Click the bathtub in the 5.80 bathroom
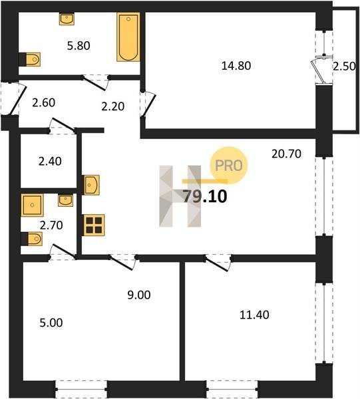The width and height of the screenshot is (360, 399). [x=128, y=37]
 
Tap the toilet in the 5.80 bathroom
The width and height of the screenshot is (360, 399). [x=30, y=59]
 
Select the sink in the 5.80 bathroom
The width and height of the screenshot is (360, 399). [x=67, y=19]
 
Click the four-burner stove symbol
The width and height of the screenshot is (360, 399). [x=94, y=225]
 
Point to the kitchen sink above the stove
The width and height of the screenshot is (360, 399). [x=91, y=185]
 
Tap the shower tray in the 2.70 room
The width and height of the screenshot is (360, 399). [x=32, y=205]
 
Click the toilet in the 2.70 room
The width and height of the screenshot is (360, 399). [x=31, y=239]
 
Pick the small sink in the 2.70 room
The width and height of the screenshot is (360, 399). [x=65, y=200]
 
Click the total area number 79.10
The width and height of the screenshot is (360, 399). [x=205, y=197]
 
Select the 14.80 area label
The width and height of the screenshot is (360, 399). [x=236, y=66]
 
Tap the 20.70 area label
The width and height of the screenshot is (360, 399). [x=286, y=154]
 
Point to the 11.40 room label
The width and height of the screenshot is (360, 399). [x=254, y=315]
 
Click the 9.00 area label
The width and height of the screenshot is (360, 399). [x=139, y=295]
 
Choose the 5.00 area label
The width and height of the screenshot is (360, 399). [x=51, y=323]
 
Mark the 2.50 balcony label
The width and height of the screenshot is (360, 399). [x=344, y=66]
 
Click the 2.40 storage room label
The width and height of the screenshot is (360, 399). [x=50, y=162]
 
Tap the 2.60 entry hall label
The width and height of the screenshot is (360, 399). [x=44, y=102]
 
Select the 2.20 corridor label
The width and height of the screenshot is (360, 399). [x=112, y=106]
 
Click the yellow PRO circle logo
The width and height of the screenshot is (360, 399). [x=228, y=166]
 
